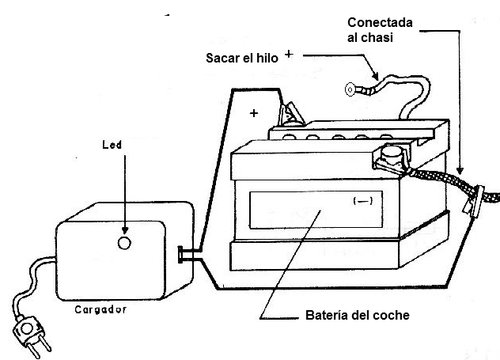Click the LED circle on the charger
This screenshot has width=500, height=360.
tap(123, 243)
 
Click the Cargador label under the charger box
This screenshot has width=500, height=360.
tap(100, 309)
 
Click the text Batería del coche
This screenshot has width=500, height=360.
tap(357, 315)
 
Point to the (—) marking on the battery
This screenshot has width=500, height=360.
tap(363, 202)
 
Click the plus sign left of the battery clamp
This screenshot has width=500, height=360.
tap(253, 113)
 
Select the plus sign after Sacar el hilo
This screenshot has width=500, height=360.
tap(289, 55)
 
